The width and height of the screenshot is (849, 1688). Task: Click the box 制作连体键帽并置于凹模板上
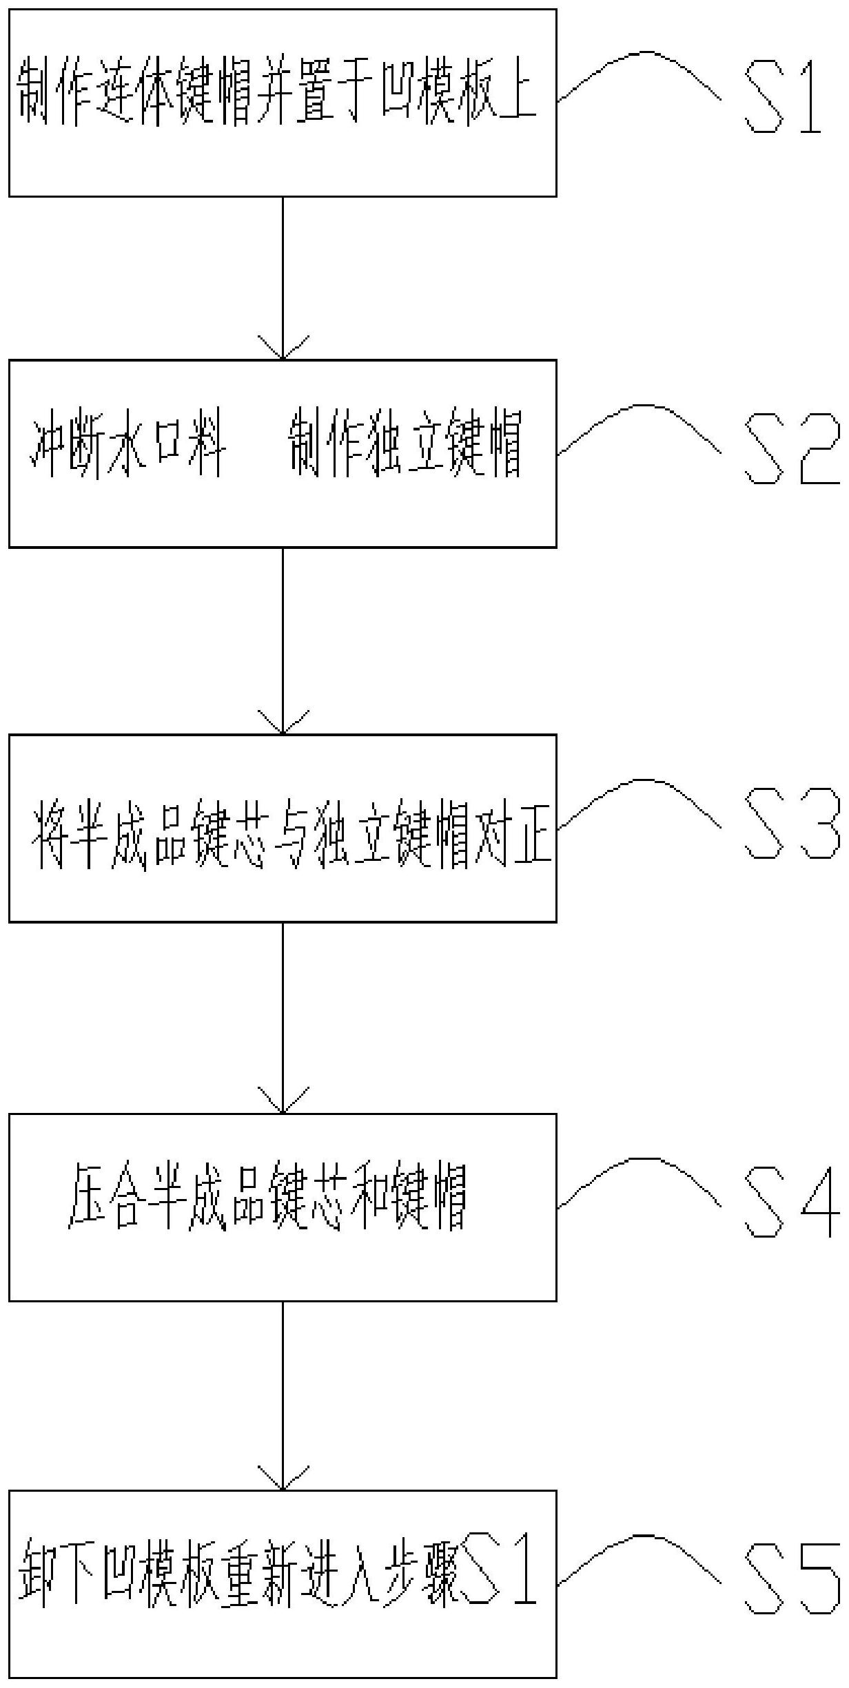283,103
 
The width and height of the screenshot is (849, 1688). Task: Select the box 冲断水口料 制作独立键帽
283,454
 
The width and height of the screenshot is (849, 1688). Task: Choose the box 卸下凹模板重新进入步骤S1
283,1584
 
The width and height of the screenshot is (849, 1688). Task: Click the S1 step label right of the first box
784,96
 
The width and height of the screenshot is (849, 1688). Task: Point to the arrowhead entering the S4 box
283,1103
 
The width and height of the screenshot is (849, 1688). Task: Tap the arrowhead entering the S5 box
283,1480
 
